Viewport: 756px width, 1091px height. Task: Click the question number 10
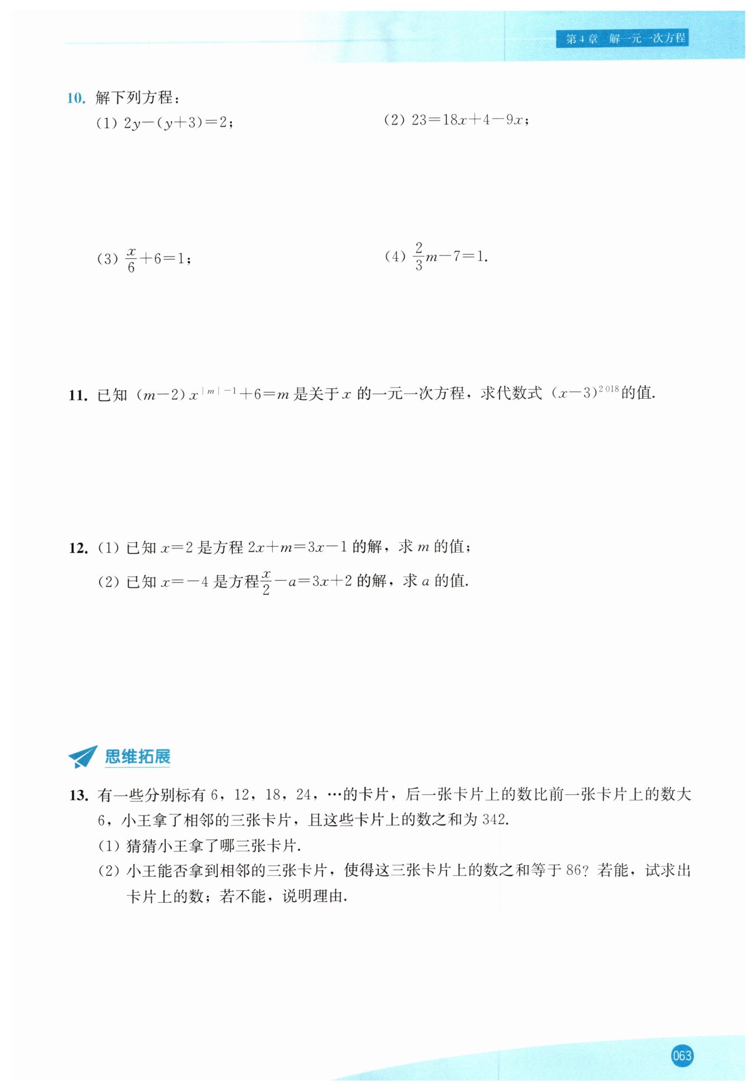76,98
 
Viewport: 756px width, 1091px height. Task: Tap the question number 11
78,395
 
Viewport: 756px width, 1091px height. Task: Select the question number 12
78,548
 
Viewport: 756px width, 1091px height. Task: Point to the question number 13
78,795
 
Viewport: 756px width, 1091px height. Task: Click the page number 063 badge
682,1056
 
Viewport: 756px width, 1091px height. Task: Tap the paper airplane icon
83,757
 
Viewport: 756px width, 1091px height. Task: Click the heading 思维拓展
137,757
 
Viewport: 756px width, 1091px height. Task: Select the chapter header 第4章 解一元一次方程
622,39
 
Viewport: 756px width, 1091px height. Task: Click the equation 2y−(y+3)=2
178,123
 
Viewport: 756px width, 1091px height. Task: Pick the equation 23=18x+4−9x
470,120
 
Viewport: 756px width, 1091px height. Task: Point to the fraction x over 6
131,259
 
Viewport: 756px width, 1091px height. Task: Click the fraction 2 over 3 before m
418,256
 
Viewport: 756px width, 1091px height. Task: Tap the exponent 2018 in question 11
609,388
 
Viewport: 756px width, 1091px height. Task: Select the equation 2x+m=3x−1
297,547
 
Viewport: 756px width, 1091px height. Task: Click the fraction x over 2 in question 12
266,582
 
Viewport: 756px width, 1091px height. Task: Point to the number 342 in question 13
493,820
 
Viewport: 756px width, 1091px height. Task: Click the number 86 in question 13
574,870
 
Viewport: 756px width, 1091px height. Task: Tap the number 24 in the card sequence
303,795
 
